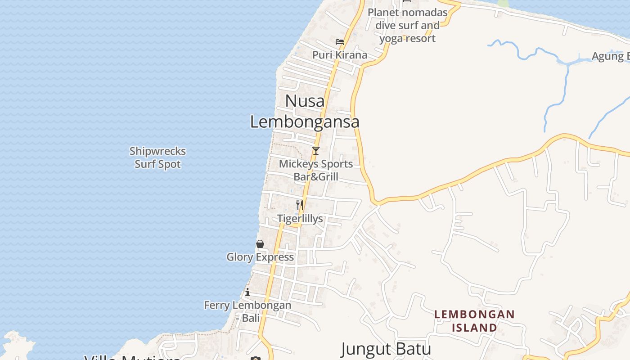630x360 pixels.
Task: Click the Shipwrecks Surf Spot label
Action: click(157, 157)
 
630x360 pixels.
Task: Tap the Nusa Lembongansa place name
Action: click(305, 111)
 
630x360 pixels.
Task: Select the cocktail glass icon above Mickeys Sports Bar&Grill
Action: click(316, 151)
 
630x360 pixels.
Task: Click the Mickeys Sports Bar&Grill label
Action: click(316, 170)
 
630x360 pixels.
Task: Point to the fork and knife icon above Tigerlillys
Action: click(300, 205)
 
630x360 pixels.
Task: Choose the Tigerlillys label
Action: click(300, 219)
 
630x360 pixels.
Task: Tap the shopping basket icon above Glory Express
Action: click(260, 244)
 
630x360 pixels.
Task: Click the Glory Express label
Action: click(260, 257)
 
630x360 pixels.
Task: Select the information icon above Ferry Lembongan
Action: click(247, 292)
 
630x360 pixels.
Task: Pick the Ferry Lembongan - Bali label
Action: click(247, 311)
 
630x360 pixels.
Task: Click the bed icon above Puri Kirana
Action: click(340, 42)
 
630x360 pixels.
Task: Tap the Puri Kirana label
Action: click(340, 55)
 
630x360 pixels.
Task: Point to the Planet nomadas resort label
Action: click(408, 25)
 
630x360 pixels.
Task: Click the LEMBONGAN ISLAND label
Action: click(474, 320)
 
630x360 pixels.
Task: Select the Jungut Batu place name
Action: click(386, 349)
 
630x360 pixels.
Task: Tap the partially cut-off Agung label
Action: click(610, 56)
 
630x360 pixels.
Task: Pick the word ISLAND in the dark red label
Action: click(474, 327)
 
